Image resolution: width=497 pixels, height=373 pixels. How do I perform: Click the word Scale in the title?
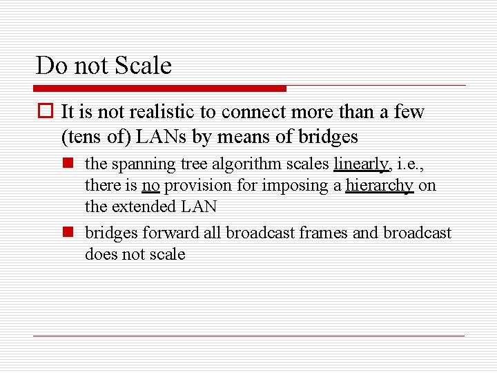pos(143,66)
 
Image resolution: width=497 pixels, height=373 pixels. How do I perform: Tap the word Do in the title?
pos(49,66)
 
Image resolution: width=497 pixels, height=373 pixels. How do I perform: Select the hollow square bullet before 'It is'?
pos(46,112)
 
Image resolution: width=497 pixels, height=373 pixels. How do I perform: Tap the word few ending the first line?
pos(409,112)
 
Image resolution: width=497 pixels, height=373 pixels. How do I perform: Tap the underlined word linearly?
pos(360,164)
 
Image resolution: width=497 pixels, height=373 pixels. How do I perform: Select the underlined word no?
pos(150,185)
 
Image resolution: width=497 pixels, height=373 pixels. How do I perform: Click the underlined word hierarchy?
pos(379,185)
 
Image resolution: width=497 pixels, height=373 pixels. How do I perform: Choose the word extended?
pos(145,206)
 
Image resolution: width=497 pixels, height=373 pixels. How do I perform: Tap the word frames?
pos(324,233)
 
